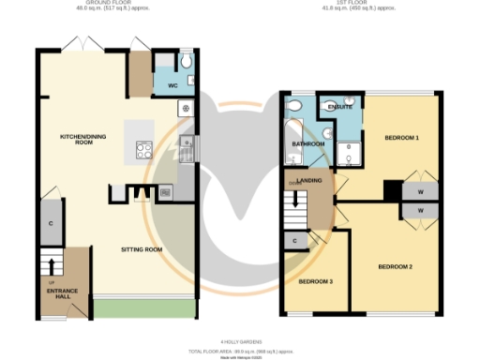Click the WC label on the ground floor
[x=172, y=85]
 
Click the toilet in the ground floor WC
[x=186, y=63]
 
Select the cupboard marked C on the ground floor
[x=50, y=225]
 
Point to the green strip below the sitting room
[x=143, y=308]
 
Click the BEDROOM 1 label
[x=401, y=138]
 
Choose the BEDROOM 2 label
[x=396, y=266]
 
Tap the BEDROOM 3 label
[x=315, y=281]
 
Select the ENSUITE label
[x=340, y=108]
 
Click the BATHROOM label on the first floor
[x=307, y=143]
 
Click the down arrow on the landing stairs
[x=298, y=200]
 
